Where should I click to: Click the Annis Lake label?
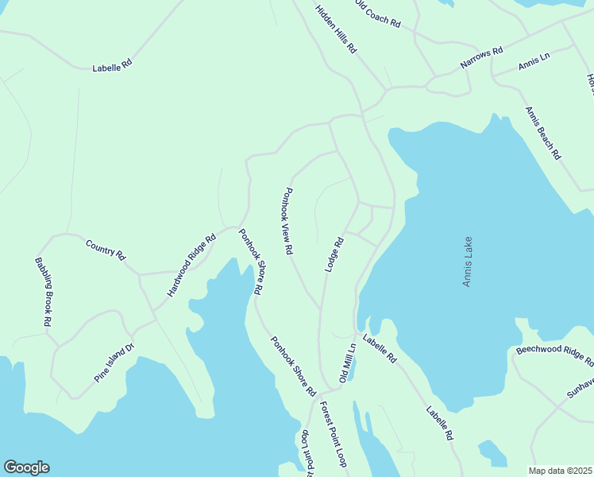pyautogui.click(x=468, y=262)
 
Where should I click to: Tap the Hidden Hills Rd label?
pyautogui.click(x=336, y=29)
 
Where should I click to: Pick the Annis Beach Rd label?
pyautogui.click(x=543, y=134)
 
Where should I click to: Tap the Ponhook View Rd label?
pyautogui.click(x=287, y=221)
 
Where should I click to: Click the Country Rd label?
pyautogui.click(x=106, y=250)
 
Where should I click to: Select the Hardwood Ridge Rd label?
pyautogui.click(x=191, y=266)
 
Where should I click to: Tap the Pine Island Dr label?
pyautogui.click(x=115, y=363)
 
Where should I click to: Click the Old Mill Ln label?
pyautogui.click(x=346, y=363)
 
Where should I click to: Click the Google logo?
pyautogui.click(x=26, y=467)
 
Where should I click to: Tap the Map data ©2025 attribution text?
pyautogui.click(x=559, y=471)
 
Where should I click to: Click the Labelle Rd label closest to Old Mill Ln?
pyautogui.click(x=380, y=349)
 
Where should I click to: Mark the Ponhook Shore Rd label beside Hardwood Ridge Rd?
pyautogui.click(x=250, y=261)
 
